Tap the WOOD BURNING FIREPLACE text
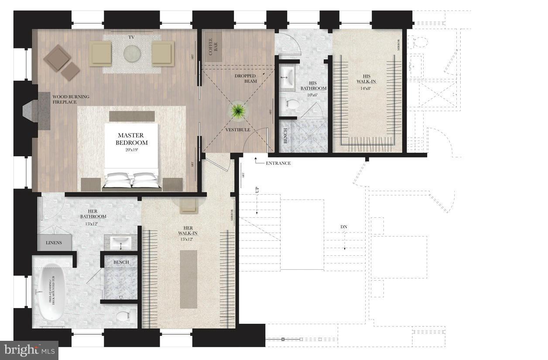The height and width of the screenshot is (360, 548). point(71,99)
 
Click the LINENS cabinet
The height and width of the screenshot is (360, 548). point(54,243)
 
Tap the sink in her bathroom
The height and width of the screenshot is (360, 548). point(120,242)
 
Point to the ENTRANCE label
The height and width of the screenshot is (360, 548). point(278,163)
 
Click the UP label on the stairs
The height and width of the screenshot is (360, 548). point(257,191)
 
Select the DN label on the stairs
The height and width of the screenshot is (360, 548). point(344,227)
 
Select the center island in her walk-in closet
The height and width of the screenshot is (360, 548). point(188,279)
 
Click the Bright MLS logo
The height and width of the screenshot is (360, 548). point(29,350)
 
